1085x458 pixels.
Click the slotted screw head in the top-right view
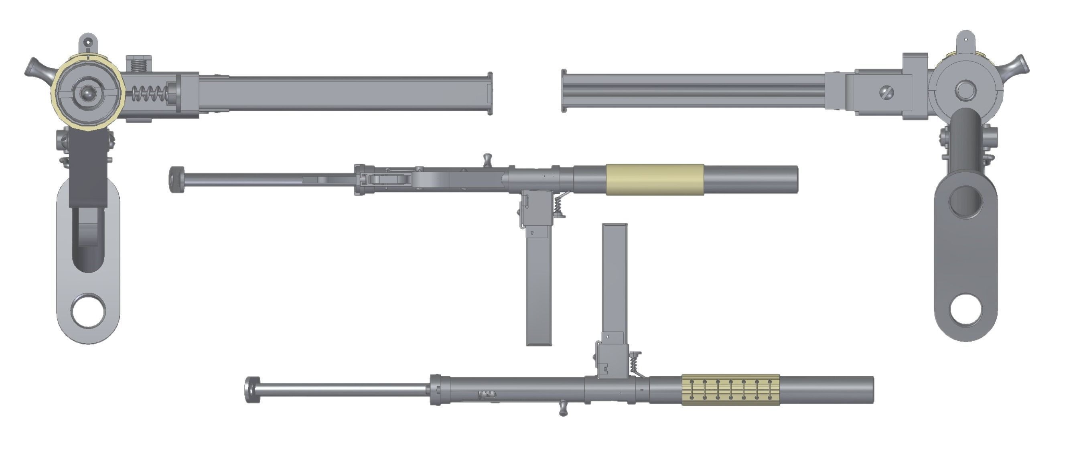[886, 92]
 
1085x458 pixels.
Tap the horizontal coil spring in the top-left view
[150, 94]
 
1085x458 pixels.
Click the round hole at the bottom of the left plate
[88, 311]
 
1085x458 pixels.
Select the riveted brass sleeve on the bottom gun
[730, 389]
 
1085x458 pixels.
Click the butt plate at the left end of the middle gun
[175, 179]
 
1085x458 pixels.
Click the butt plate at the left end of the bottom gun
[251, 389]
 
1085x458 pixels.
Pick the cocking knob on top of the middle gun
[487, 159]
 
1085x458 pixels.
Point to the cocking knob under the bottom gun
[563, 408]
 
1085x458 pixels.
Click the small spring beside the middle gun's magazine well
[558, 206]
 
